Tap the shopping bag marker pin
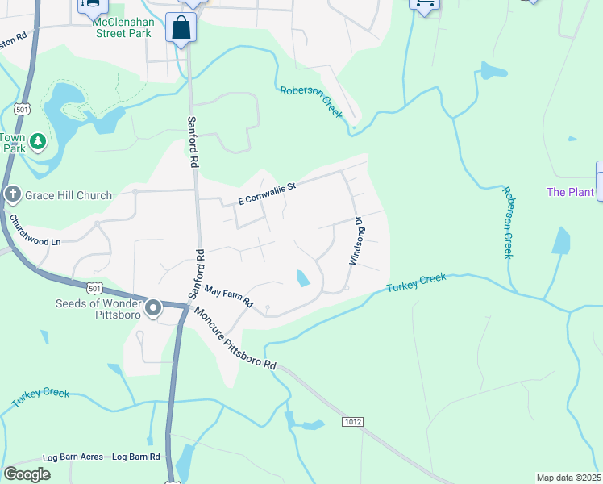coord(182,28)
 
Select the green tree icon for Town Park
coord(37,142)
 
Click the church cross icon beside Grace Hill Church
coord(12,194)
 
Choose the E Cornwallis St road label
coord(267,194)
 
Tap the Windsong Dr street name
coord(356,240)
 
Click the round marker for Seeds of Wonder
coord(153,307)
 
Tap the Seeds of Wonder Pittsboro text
coord(97,309)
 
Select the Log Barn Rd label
coord(135,457)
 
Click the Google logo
coord(27,474)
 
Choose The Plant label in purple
coord(570,192)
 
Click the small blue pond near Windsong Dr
coord(303,278)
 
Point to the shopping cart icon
coord(424,2)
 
